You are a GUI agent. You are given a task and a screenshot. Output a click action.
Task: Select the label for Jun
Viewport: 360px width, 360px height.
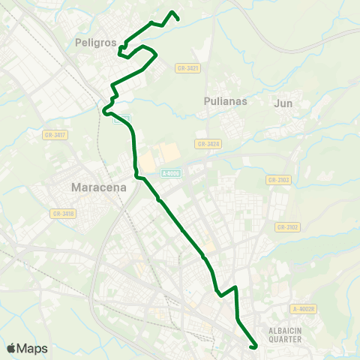click(283, 103)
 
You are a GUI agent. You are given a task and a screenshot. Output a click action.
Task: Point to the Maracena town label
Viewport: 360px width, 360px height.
click(97, 186)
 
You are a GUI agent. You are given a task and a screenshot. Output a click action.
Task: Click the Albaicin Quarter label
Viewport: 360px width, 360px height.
click(284, 334)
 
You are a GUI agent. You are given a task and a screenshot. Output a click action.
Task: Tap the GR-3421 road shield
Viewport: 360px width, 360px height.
click(188, 68)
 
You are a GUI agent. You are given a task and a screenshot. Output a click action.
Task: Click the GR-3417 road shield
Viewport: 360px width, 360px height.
click(56, 134)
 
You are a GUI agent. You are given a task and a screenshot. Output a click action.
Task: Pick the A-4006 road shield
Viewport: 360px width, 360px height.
click(171, 173)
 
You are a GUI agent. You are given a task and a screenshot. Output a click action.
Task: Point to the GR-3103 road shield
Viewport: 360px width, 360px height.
click(277, 180)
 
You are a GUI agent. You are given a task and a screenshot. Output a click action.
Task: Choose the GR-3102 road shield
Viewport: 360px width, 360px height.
click(287, 227)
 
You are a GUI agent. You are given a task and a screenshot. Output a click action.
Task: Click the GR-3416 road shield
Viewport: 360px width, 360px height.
click(63, 214)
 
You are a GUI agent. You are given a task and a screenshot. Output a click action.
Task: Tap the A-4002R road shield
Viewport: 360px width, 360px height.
click(305, 308)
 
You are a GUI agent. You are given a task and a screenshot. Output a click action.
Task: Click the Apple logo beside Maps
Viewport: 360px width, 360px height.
click(12, 348)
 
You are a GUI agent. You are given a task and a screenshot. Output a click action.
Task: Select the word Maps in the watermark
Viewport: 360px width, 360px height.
click(33, 348)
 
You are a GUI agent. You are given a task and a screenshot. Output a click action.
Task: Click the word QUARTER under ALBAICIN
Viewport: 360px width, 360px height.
click(285, 339)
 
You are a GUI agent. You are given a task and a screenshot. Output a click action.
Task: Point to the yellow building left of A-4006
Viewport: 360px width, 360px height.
click(148, 160)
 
